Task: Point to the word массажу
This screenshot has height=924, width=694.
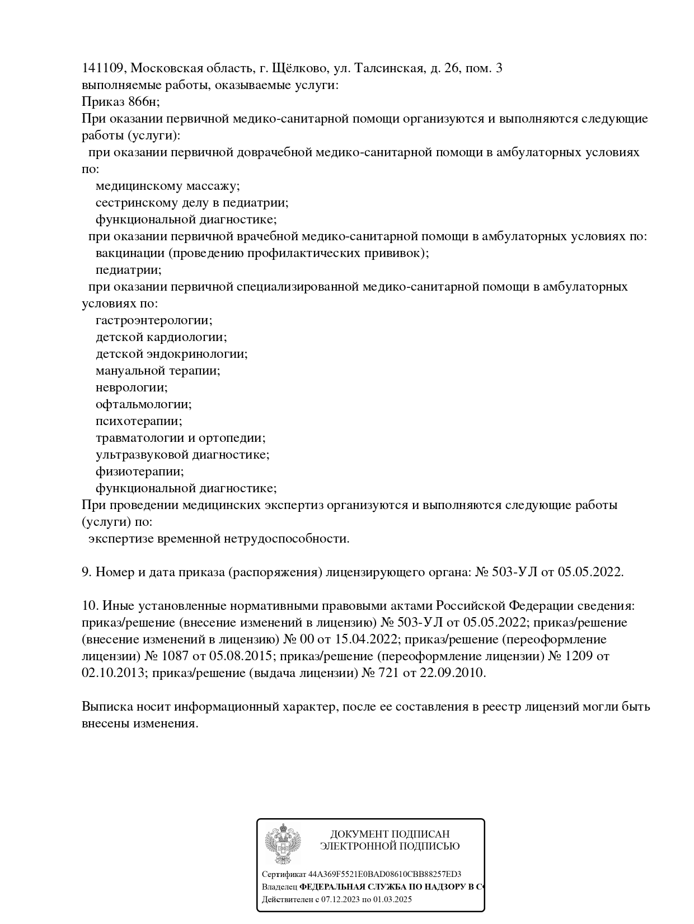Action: click(213, 186)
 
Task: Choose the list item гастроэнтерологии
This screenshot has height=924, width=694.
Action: click(154, 320)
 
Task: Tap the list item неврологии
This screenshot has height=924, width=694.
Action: click(132, 388)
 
